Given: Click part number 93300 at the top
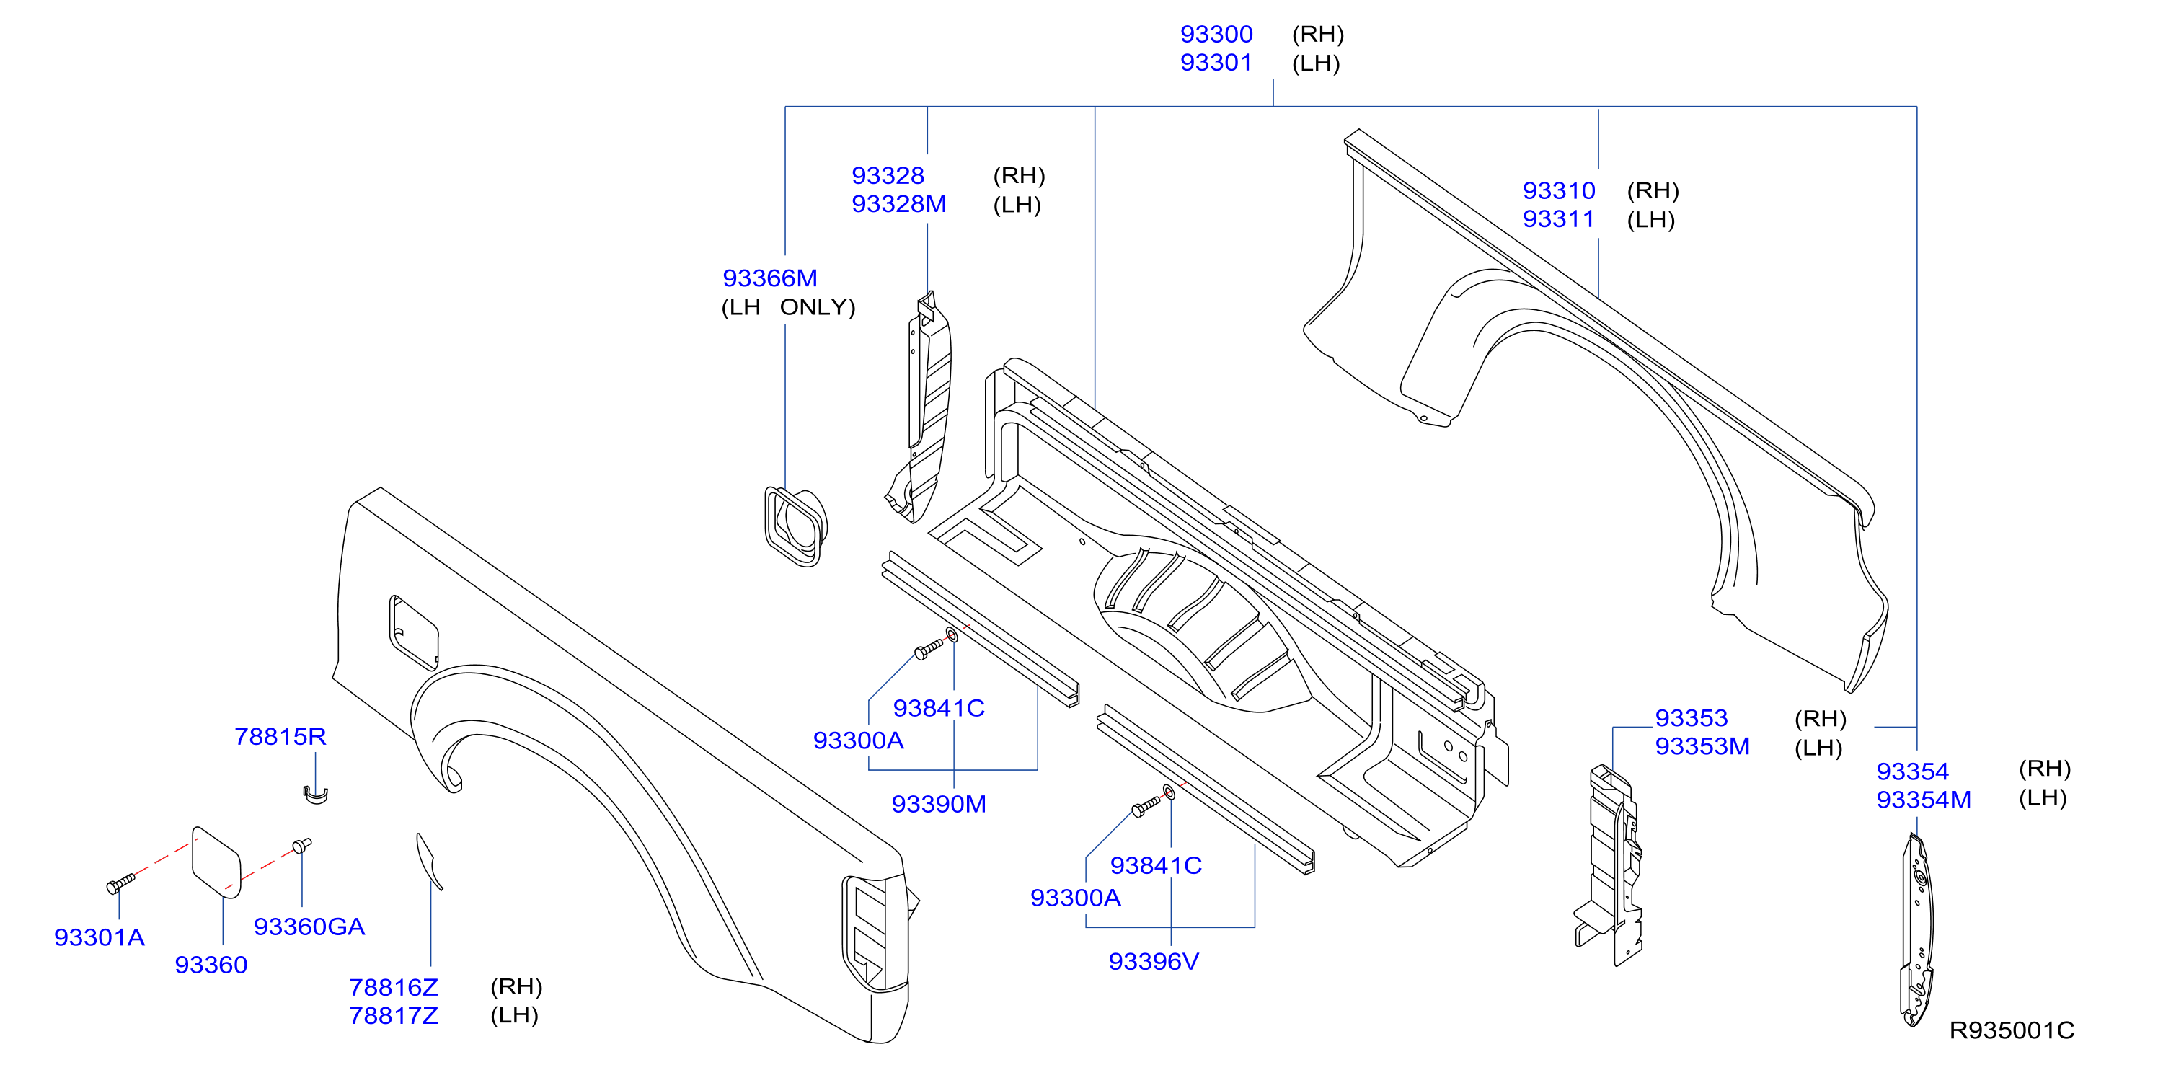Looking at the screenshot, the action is pos(1216,35).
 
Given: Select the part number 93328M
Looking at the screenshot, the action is pos(898,203).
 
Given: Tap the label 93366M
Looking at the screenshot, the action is pos(769,278).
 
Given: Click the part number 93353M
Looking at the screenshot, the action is pos(1702,746).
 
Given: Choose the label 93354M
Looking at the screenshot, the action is pos(1923,800).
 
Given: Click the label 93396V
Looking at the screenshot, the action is pos(1153,961).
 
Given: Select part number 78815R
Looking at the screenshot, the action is pos(280,736).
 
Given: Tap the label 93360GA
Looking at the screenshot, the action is pos(309,927).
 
